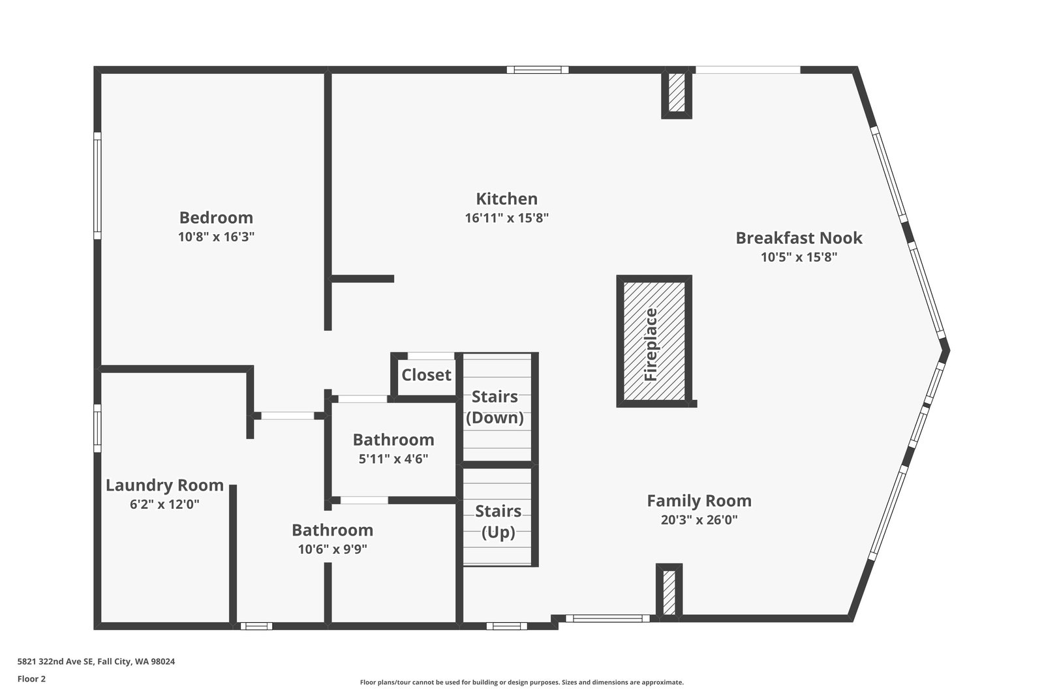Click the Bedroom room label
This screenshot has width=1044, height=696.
click(x=216, y=217)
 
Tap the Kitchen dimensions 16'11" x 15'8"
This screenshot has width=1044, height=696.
click(x=506, y=218)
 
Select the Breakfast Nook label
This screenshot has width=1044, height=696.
click(x=799, y=237)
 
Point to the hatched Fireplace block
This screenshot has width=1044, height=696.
click(x=654, y=341)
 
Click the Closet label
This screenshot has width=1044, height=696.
click(x=426, y=374)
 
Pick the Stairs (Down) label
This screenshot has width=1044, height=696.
click(x=495, y=407)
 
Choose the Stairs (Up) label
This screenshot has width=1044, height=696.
click(x=498, y=521)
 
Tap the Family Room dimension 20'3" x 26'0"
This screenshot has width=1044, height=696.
click(x=699, y=520)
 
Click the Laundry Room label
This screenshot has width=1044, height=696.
click(x=164, y=485)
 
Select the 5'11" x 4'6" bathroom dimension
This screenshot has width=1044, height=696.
click(x=393, y=459)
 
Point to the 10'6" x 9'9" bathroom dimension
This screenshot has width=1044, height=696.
click(x=332, y=549)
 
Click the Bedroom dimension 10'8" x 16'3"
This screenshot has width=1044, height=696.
click(x=216, y=237)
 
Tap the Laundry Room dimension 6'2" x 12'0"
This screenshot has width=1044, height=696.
click(x=164, y=504)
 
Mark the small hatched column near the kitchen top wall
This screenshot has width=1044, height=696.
click(x=677, y=94)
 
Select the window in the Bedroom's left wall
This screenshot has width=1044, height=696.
click(x=97, y=185)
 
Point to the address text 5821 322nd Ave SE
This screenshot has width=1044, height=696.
click(x=96, y=661)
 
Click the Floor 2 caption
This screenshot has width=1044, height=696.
click(x=31, y=678)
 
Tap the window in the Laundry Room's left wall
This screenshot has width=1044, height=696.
click(x=97, y=428)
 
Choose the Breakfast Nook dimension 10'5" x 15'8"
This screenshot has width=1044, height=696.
click(x=799, y=257)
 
